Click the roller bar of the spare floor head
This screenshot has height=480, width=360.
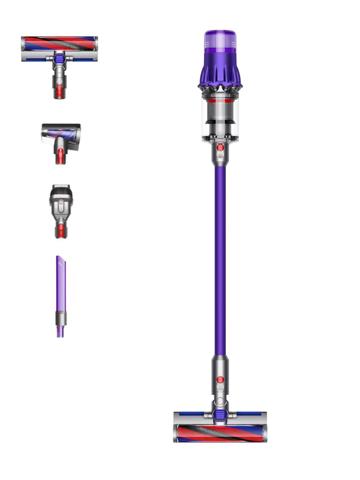[x=59, y=43]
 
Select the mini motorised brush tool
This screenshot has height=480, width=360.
[x=60, y=140]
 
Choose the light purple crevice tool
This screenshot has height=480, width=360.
[x=60, y=295]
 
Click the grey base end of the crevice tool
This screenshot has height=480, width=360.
[x=60, y=329]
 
